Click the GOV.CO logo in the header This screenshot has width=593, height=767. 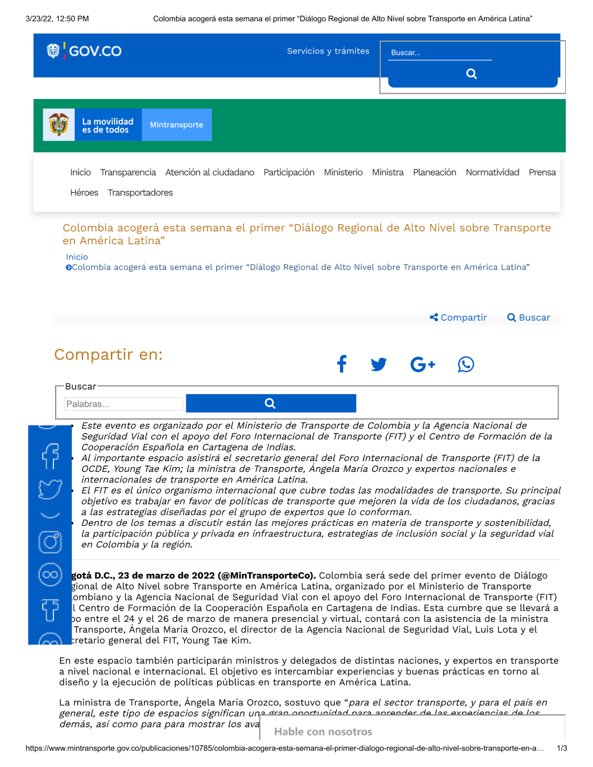[x=84, y=51]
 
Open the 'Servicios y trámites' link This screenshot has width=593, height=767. [x=328, y=51]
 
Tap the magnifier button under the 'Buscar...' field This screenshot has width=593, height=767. [x=472, y=74]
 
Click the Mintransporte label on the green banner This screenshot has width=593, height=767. [x=177, y=124]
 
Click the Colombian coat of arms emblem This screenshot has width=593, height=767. [x=59, y=124]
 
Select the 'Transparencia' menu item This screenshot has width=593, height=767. [x=128, y=172]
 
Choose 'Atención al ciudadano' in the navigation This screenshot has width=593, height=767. [x=210, y=172]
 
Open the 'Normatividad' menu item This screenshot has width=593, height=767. [x=492, y=172]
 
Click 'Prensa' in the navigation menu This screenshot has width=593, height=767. [x=542, y=172]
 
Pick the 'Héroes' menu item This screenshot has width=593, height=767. [x=84, y=193]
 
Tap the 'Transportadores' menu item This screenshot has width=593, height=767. [x=141, y=193]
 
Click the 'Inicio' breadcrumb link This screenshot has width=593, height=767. [x=77, y=257]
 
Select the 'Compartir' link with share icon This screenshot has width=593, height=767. [x=458, y=318]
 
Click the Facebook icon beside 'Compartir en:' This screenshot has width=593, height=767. [x=342, y=364]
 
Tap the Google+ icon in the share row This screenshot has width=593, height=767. [x=422, y=364]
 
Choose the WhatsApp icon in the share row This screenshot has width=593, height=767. [x=466, y=364]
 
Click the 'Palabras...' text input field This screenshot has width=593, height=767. [x=123, y=404]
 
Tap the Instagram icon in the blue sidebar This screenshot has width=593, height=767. [x=50, y=542]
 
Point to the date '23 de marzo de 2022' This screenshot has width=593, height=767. [x=166, y=576]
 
